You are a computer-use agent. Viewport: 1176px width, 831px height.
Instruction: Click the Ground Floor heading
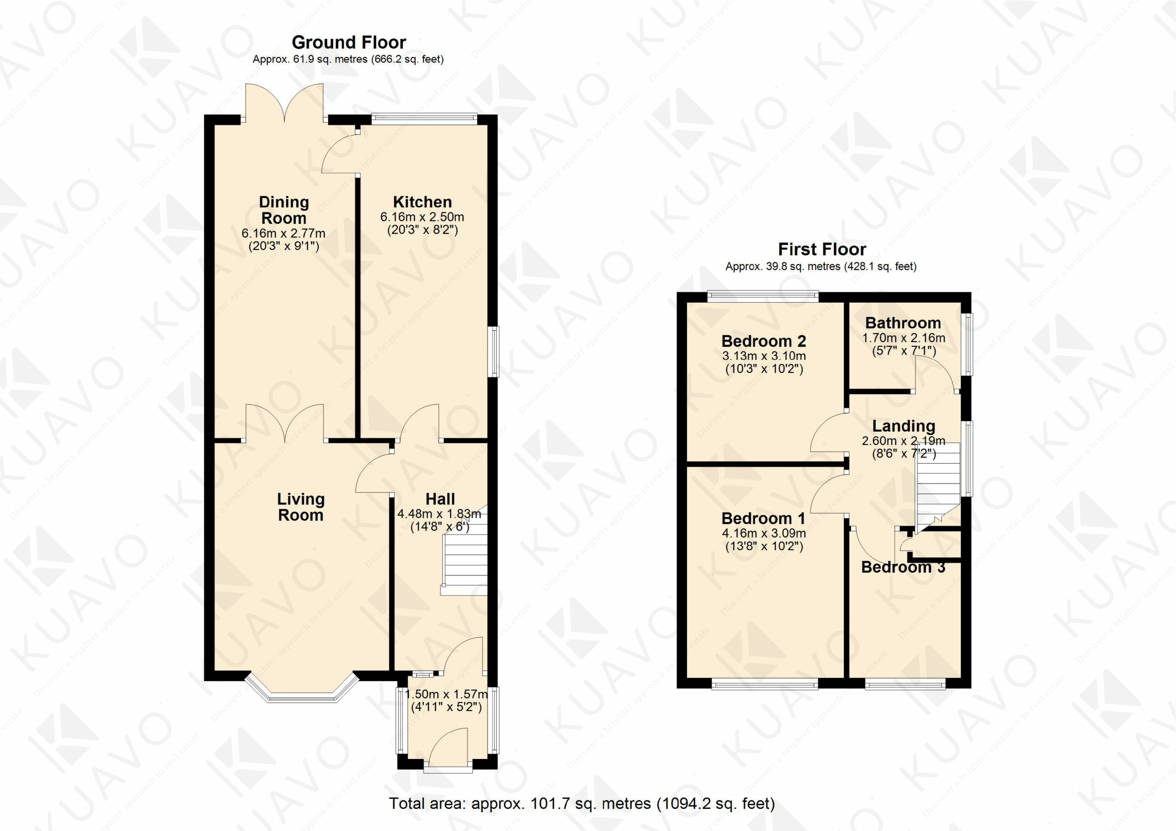pos(349,42)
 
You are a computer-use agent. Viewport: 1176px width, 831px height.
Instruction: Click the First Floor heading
pos(822,249)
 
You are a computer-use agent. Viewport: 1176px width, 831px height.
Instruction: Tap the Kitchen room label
pos(423,202)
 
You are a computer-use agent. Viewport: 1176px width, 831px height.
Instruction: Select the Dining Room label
pos(284,210)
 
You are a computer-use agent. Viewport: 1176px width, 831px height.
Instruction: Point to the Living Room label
pos(300,507)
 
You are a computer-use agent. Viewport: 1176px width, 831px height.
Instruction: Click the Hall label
pos(441,499)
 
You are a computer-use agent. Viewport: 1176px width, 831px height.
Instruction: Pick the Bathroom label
pos(904,323)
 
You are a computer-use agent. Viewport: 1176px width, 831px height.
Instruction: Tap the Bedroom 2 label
pos(763,341)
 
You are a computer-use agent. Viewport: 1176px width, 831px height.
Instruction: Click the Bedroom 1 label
pos(763,519)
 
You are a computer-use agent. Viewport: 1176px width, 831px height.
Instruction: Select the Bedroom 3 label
pos(904,567)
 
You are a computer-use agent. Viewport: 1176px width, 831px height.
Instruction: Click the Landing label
pos(904,426)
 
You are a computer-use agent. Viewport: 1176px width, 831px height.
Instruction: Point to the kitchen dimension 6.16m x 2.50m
pos(423,217)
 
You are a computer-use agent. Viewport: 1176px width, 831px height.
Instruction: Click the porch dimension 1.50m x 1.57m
pos(446,695)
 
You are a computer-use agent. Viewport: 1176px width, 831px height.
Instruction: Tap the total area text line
pos(582,803)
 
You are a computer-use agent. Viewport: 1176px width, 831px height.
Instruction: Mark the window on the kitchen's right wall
pos(494,352)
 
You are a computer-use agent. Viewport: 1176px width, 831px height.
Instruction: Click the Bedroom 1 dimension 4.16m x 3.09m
pos(763,533)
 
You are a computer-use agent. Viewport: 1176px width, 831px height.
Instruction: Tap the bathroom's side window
pos(967,344)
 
